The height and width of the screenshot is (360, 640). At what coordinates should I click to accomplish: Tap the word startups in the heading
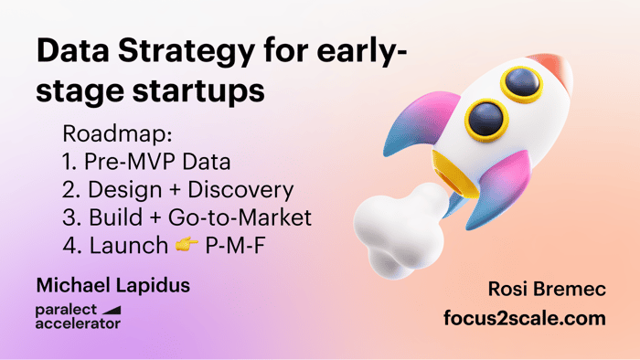[x=198, y=91]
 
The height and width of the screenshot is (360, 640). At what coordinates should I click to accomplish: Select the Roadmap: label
[x=118, y=133]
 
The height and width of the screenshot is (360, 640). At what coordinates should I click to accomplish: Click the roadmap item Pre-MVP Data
[x=157, y=162]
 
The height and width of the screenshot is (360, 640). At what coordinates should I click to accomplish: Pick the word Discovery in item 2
[x=240, y=190]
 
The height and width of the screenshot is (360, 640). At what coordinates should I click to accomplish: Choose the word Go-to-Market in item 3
[x=240, y=217]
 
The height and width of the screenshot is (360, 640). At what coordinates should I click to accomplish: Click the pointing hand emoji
[x=187, y=245]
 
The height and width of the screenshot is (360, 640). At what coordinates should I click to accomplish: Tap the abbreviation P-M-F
[x=235, y=246]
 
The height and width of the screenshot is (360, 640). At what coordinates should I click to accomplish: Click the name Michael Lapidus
[x=113, y=285]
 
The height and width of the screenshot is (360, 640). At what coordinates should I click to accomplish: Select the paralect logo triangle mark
[x=112, y=311]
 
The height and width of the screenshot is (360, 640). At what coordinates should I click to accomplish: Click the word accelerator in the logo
[x=78, y=323]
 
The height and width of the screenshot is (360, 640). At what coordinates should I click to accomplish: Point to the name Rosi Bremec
[x=547, y=289]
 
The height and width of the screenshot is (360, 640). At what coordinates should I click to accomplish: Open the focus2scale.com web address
[x=525, y=318]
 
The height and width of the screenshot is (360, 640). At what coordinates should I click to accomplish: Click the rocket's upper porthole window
[x=522, y=83]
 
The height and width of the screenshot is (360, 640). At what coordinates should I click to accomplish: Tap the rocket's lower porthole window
[x=486, y=120]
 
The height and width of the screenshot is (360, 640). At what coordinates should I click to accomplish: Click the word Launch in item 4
[x=129, y=246]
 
